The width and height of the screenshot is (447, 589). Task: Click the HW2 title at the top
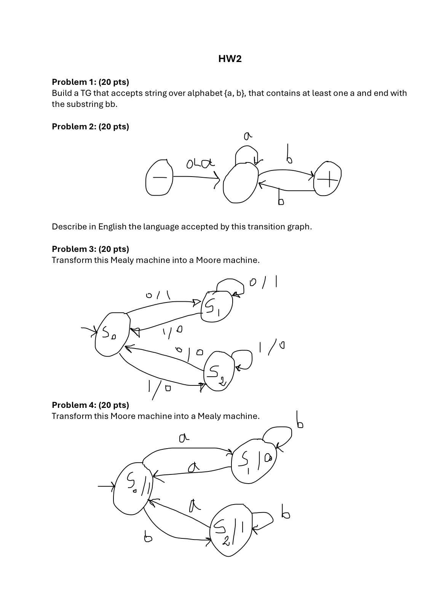(230, 59)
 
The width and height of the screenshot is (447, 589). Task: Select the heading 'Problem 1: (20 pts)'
(90, 82)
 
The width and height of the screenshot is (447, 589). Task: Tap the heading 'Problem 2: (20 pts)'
(90, 126)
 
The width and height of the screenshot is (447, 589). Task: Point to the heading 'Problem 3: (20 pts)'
(90, 249)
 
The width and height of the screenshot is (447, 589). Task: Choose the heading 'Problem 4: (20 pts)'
(90, 405)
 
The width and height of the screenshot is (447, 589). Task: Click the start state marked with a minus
(159, 178)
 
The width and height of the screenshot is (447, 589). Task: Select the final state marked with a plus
(327, 178)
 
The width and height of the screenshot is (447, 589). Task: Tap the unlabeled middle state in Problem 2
(241, 183)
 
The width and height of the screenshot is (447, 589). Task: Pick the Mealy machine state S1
(216, 307)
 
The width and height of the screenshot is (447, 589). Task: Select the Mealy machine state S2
(217, 373)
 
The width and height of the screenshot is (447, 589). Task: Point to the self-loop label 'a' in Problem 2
(248, 136)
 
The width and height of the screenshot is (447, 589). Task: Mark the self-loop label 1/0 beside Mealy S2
(271, 347)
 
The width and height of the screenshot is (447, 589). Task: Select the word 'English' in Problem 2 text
(112, 227)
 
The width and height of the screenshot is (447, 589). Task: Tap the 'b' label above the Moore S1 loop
(300, 420)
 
